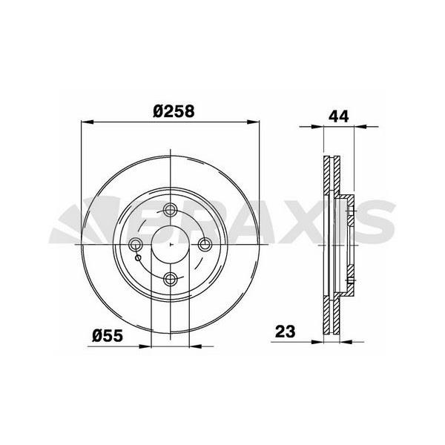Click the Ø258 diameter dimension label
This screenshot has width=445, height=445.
pos(174,111)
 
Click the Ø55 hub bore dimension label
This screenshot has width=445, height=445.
pos(108,334)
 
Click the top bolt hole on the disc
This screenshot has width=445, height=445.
pos(171,210)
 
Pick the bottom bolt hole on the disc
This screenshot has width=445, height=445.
pos(171,279)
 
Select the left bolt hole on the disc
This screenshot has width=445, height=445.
pos(136,245)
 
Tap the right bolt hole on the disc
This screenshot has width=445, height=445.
pos(205,245)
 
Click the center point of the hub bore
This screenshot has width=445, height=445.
pos(171,245)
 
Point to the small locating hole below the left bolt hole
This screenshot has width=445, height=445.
pos(139,257)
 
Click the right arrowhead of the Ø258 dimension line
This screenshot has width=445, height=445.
pos(259,122)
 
